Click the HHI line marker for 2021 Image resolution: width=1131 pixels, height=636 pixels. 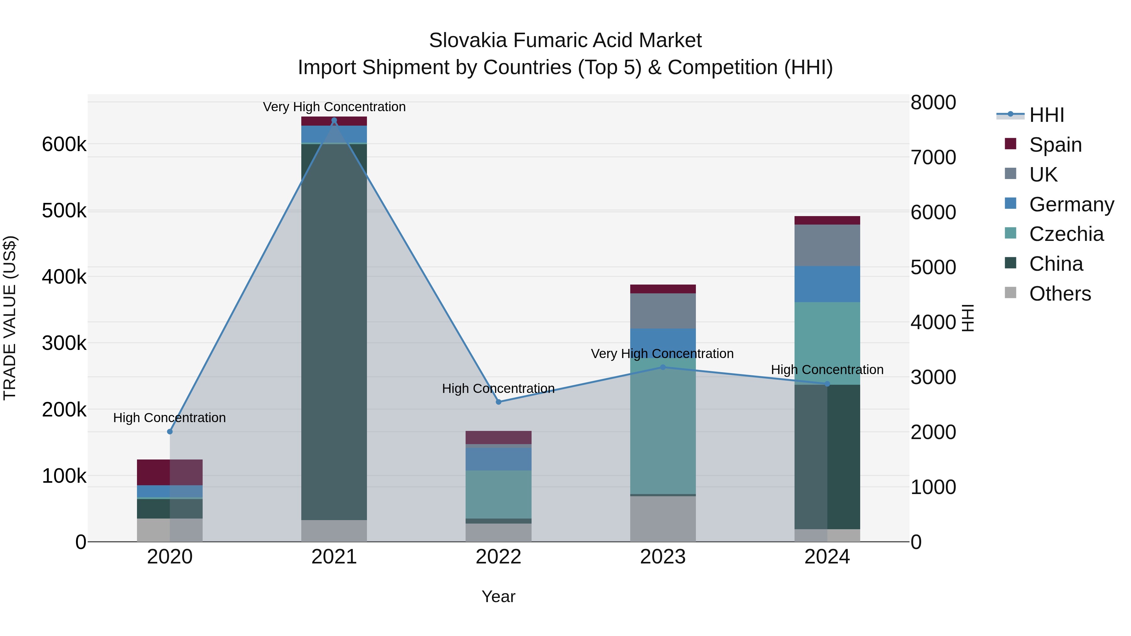tap(334, 120)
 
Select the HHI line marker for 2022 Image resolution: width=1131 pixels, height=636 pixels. tap(498, 402)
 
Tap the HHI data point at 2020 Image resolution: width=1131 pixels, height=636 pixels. tap(170, 432)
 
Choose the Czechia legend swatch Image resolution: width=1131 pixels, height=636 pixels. tap(1010, 233)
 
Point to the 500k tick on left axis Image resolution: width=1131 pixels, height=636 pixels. tap(64, 211)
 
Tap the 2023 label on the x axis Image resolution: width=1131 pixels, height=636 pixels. tap(663, 557)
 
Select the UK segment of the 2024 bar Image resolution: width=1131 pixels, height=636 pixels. tap(827, 245)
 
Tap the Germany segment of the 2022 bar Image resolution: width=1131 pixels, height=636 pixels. tap(498, 459)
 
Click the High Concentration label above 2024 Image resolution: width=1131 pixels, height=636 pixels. tap(827, 370)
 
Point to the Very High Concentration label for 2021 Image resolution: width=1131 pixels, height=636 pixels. tap(334, 107)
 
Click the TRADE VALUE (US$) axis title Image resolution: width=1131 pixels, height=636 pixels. tap(10, 318)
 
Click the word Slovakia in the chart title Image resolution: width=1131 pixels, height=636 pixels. tap(468, 41)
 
